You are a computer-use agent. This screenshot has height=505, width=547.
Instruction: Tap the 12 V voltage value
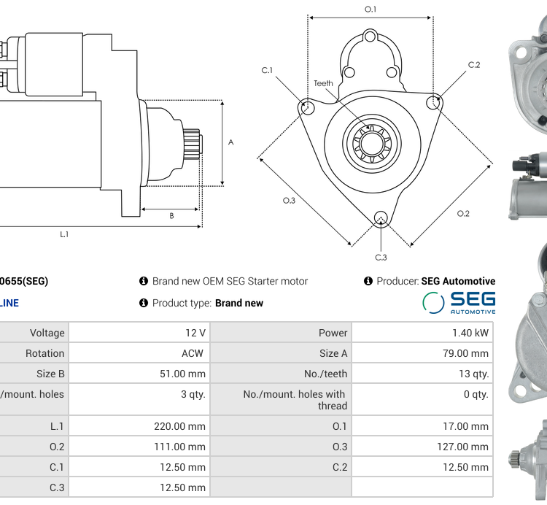coord(195,333)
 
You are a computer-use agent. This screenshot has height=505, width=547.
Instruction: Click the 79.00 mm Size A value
coord(465,353)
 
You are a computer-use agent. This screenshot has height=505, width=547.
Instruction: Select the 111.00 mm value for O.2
coord(179,447)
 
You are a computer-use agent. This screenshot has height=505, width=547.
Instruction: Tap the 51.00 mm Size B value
coord(182,374)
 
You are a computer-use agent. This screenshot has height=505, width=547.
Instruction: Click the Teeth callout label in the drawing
coord(323,83)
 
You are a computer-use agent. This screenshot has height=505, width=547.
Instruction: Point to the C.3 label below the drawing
coord(381,257)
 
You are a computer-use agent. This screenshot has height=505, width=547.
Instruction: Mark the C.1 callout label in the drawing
coord(267,70)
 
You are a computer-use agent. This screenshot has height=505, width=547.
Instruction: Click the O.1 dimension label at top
coord(371,9)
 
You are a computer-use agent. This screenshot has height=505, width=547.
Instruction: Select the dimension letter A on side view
coord(231,142)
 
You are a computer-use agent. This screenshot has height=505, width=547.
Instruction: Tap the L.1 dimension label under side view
coord(64,234)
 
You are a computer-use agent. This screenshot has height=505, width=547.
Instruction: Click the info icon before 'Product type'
coord(144,303)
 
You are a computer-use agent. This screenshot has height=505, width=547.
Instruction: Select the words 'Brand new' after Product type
coord(239,303)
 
